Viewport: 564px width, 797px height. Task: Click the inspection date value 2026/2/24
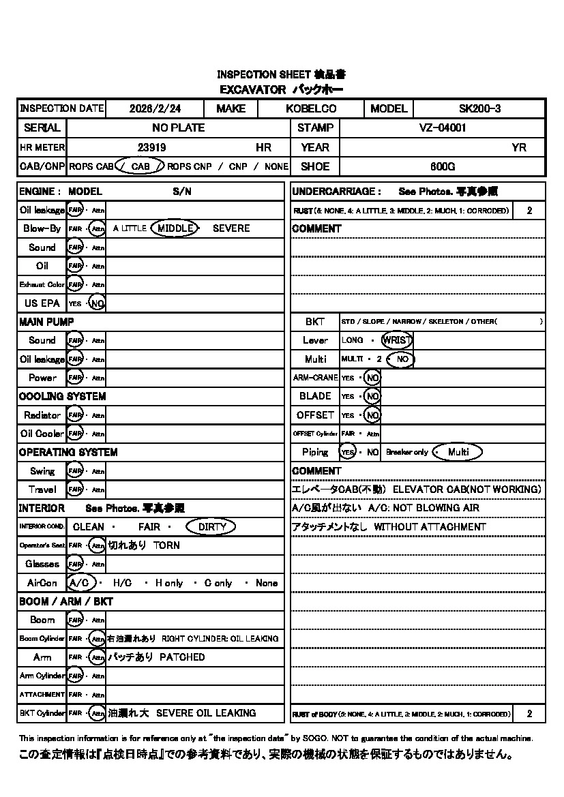pos(155,108)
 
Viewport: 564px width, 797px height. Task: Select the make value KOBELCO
pos(311,108)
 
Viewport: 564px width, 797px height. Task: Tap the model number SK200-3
pos(479,108)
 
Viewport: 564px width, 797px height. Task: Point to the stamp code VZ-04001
pos(442,127)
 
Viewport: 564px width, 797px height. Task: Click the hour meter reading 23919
pos(151,147)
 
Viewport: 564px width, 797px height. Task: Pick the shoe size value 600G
pos(442,166)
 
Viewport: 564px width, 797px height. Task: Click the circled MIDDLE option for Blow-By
pos(175,228)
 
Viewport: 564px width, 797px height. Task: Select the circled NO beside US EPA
pos(98,303)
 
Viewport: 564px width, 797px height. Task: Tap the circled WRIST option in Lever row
pos(397,340)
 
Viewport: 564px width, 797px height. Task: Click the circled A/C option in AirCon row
pos(80,583)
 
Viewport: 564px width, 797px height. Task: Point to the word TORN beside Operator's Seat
pos(167,545)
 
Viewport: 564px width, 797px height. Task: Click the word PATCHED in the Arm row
pos(182,657)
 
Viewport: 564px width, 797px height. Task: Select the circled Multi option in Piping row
pos(458,452)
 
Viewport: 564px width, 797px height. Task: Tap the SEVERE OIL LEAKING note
pos(206,713)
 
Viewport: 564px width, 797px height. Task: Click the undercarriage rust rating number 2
pos(529,211)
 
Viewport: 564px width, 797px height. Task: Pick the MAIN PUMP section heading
pos(46,322)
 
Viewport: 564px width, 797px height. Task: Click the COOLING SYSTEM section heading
pos(62,396)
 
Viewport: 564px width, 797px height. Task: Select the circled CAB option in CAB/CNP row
pos(140,166)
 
